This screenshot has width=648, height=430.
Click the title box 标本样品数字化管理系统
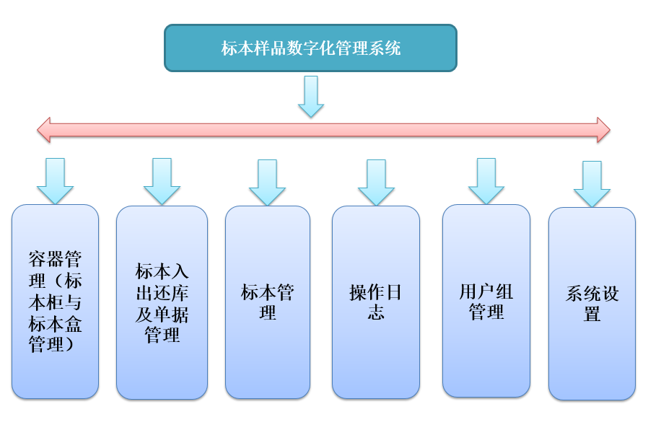(310, 48)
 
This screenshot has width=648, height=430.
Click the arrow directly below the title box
(311, 96)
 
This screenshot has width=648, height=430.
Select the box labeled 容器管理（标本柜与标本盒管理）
(55, 302)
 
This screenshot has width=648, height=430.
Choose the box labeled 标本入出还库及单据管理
(162, 303)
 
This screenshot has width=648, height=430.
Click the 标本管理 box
(268, 303)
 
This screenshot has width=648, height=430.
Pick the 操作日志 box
(375, 303)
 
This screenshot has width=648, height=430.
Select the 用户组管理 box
(486, 301)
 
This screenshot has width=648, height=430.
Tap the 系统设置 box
(592, 304)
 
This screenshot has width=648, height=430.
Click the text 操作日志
(375, 302)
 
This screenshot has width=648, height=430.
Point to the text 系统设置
(592, 304)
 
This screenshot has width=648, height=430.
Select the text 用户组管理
(486, 302)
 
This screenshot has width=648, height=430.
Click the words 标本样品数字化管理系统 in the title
(310, 48)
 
